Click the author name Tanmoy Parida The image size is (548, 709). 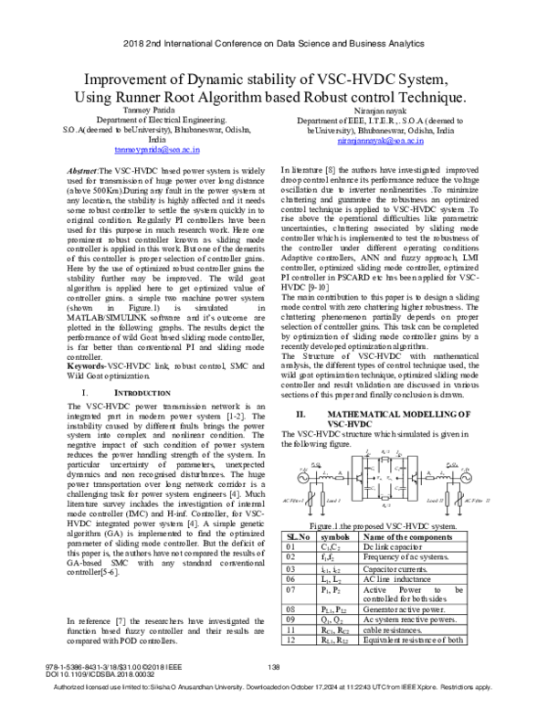pos(140,109)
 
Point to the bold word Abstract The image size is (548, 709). pos(78,171)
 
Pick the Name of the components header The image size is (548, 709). pos(422,536)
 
